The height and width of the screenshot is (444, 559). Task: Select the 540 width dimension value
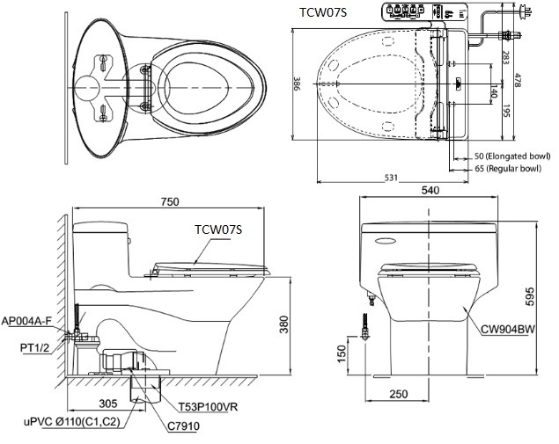[x=431, y=189]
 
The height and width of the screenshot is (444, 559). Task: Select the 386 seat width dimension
[x=297, y=83]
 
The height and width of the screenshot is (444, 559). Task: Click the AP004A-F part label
[x=28, y=321]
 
